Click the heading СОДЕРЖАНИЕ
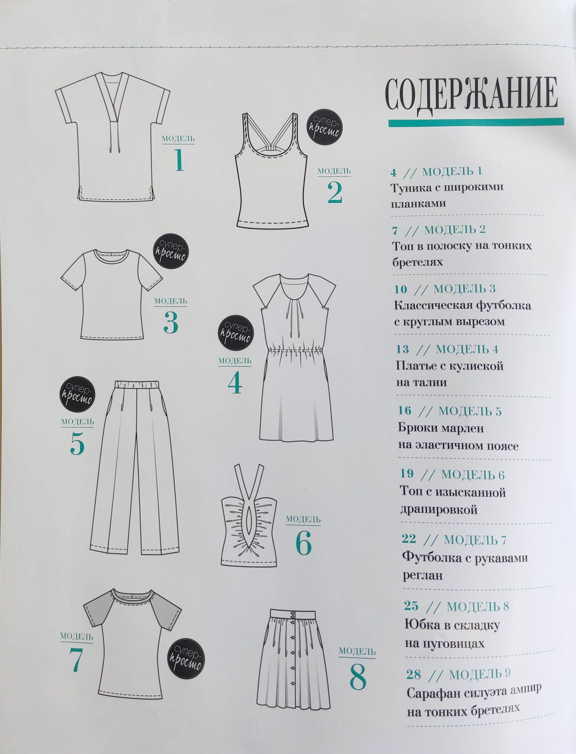click(x=471, y=94)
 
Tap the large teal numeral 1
click(x=179, y=160)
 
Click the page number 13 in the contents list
click(x=402, y=349)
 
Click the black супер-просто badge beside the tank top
click(x=324, y=127)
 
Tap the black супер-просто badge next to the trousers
click(x=77, y=394)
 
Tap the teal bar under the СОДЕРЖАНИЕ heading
click(x=476, y=122)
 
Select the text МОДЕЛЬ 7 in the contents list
click(x=475, y=540)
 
